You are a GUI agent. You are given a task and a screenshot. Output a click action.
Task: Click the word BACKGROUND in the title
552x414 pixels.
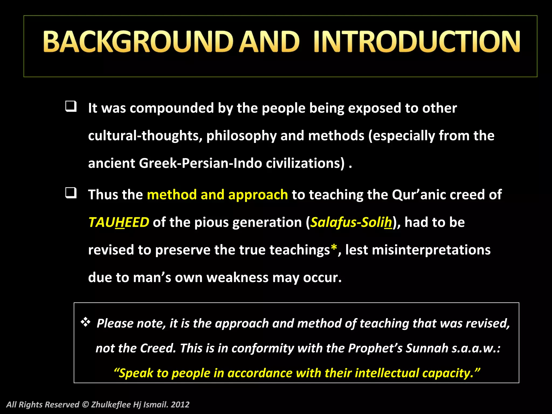point(138,42)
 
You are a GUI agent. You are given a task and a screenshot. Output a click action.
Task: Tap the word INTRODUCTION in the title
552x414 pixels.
point(417,42)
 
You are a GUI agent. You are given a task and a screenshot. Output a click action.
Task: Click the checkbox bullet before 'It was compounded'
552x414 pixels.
point(71,106)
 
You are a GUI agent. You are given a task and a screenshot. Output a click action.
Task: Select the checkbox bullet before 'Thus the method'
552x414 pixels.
point(71,193)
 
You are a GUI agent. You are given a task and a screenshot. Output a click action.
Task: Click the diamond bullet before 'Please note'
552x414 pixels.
point(85,322)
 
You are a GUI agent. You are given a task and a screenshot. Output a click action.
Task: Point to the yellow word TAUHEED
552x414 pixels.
point(119,222)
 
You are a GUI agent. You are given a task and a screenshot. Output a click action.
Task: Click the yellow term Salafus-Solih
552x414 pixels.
point(351,222)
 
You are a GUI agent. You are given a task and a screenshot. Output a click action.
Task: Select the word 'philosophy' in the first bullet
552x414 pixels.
point(241,136)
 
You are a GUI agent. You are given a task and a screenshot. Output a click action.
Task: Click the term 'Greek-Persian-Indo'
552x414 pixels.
point(200,163)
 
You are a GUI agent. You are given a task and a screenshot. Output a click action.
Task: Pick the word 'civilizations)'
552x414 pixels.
point(305,163)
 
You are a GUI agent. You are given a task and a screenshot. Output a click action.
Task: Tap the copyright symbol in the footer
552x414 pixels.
point(85,405)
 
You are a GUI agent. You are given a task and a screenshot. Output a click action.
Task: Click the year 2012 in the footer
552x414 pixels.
point(180,405)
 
